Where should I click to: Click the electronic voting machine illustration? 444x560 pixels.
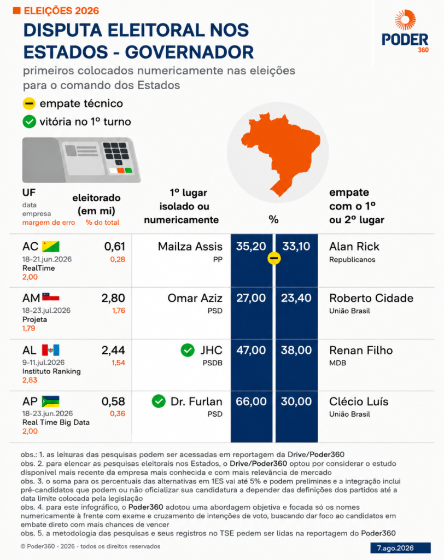pyautogui.click(x=81, y=160)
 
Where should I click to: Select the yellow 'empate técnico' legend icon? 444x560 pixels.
pyautogui.click(x=29, y=103)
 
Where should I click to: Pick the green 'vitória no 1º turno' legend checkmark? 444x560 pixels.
pyautogui.click(x=30, y=122)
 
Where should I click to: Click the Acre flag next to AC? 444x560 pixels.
pyautogui.click(x=51, y=247)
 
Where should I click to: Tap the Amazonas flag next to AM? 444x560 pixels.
pyautogui.click(x=51, y=297)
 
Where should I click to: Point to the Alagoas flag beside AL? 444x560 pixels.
pyautogui.click(x=51, y=350)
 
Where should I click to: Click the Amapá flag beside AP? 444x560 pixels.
pyautogui.click(x=51, y=401)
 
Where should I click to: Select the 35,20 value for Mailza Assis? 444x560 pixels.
pyautogui.click(x=251, y=247)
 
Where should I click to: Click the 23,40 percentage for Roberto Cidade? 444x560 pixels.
pyautogui.click(x=296, y=298)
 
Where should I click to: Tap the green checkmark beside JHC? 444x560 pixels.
pyautogui.click(x=188, y=350)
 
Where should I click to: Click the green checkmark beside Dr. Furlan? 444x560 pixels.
pyautogui.click(x=159, y=401)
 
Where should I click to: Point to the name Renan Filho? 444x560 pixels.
pyautogui.click(x=361, y=350)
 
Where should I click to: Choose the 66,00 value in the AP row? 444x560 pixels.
pyautogui.click(x=251, y=401)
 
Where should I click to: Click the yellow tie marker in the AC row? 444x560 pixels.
pyautogui.click(x=274, y=258)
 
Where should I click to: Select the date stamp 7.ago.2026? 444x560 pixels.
pyautogui.click(x=400, y=548)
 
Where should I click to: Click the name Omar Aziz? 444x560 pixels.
pyautogui.click(x=195, y=298)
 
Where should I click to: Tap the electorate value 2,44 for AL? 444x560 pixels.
pyautogui.click(x=113, y=350)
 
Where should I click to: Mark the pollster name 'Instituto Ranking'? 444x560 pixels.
pyautogui.click(x=51, y=371)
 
